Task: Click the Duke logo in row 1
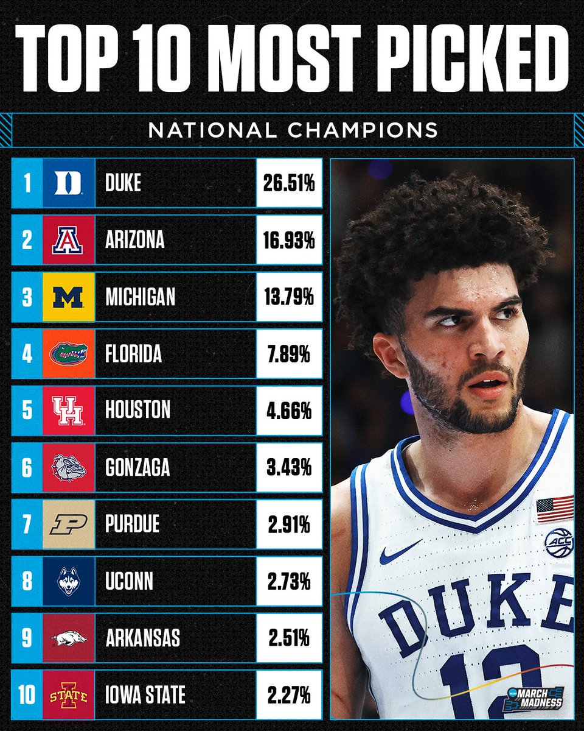coord(68,183)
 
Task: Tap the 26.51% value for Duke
coord(288,183)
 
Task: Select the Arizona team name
coord(135,239)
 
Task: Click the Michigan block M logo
coord(68,297)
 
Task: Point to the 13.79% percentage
coord(288,297)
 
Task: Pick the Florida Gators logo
coord(68,353)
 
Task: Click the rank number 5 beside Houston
coord(27,410)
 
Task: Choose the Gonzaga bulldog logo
coord(68,467)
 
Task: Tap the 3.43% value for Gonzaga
coord(288,467)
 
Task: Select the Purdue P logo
coord(68,524)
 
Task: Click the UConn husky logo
coord(68,581)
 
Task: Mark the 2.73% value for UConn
coord(288,581)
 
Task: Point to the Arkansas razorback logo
coord(68,638)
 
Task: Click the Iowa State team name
coord(145,694)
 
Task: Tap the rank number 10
coord(27,694)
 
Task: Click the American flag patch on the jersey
coord(555,509)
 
